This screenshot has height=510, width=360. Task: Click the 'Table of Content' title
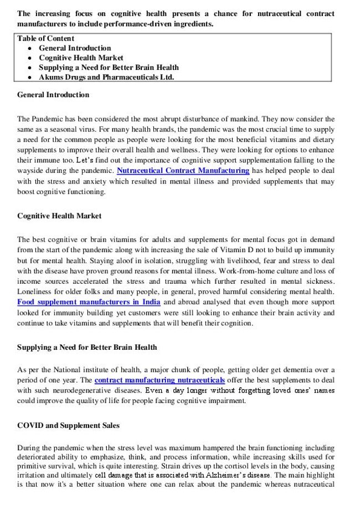coord(45,38)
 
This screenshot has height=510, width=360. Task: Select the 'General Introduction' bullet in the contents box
coord(75,48)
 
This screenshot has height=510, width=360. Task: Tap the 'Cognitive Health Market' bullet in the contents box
coord(81,58)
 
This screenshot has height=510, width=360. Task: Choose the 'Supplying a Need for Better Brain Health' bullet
coord(109,68)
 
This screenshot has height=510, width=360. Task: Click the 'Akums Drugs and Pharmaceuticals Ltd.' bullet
coord(106,77)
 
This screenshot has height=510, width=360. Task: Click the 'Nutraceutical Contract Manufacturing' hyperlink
coord(183,170)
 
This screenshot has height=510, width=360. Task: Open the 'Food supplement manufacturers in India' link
coord(89,302)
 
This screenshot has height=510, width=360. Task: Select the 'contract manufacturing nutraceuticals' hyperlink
coord(160,380)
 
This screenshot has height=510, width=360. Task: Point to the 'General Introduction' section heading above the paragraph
coord(53,95)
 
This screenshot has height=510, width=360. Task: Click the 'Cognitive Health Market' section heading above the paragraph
coord(59,216)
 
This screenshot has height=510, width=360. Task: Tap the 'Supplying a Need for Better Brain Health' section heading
coord(87,348)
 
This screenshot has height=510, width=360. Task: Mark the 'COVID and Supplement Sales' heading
coord(68,426)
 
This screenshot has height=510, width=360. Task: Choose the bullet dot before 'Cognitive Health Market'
coord(29,58)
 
